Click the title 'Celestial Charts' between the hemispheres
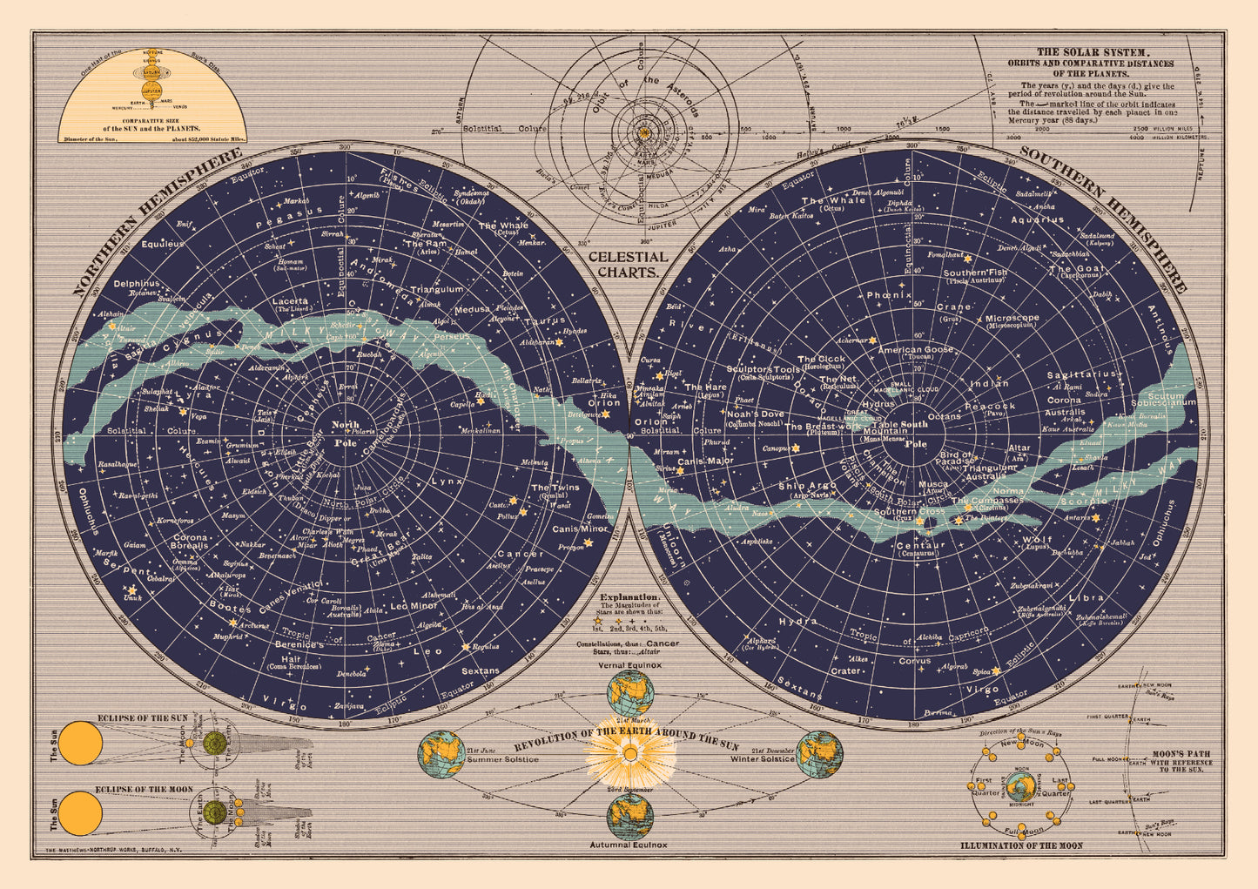coord(628,264)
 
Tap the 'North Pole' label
coord(345,433)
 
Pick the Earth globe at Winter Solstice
coord(819,754)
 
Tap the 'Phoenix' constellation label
coord(889,295)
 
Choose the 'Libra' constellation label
coord(1086,597)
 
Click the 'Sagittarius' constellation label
coord(1081,374)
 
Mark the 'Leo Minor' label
coord(414,605)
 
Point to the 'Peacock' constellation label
coord(990,406)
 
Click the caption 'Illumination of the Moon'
coord(1021,845)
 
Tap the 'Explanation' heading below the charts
coord(629,597)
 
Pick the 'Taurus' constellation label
coord(545,320)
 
